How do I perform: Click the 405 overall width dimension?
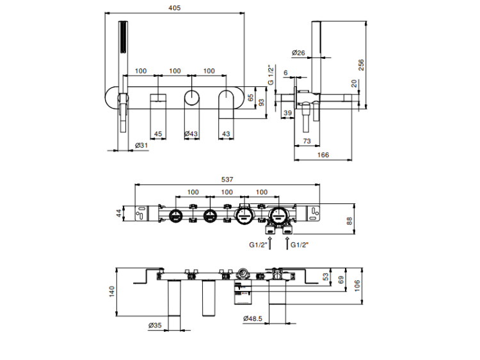(x=174, y=8)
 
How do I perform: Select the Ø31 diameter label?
(x=142, y=146)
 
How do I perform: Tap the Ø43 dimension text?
(x=191, y=134)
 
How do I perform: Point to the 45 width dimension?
(x=157, y=134)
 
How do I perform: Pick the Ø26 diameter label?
(x=298, y=52)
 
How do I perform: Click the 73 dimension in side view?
(x=307, y=141)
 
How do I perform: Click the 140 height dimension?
(x=113, y=292)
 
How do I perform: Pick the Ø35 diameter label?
(x=155, y=325)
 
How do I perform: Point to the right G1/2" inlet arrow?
(x=287, y=242)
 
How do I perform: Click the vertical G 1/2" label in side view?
(x=271, y=75)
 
